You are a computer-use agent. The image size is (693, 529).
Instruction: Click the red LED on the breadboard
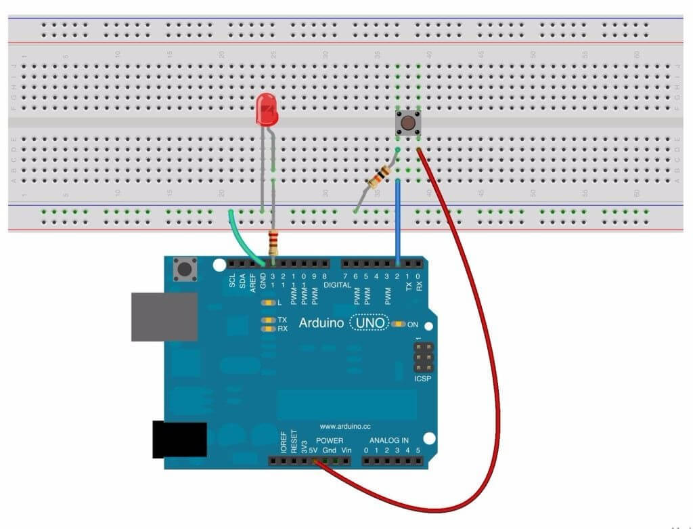tap(267, 110)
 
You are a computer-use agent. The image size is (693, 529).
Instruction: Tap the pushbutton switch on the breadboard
tap(408, 123)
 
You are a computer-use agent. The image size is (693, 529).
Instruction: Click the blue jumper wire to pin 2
tap(397, 217)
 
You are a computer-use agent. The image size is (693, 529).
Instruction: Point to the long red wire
tap(497, 379)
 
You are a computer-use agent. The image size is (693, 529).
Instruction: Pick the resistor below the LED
tap(273, 240)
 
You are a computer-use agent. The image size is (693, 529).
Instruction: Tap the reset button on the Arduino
tap(184, 270)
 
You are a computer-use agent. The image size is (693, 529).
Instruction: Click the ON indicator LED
tap(398, 324)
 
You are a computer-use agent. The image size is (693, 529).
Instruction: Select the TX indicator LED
tap(268, 319)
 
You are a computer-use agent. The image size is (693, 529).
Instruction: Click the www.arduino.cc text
tap(345, 427)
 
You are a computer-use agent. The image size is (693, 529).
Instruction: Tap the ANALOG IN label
tap(386, 440)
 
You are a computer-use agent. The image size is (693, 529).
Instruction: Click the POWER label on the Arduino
tap(330, 441)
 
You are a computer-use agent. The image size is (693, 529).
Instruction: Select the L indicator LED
tap(268, 302)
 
